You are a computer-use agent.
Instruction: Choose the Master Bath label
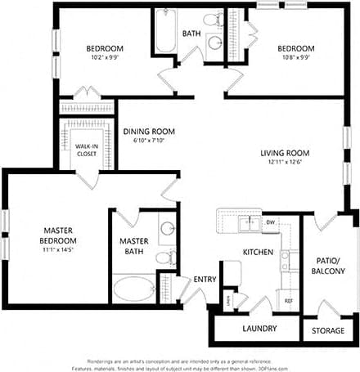click(133, 246)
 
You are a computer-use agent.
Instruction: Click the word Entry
click(204, 280)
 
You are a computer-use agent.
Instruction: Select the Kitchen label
click(258, 253)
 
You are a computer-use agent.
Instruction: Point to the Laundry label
click(259, 329)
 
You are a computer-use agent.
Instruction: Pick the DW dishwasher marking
click(269, 222)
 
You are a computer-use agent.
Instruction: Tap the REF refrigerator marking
click(288, 301)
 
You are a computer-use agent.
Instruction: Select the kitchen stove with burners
click(288, 261)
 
